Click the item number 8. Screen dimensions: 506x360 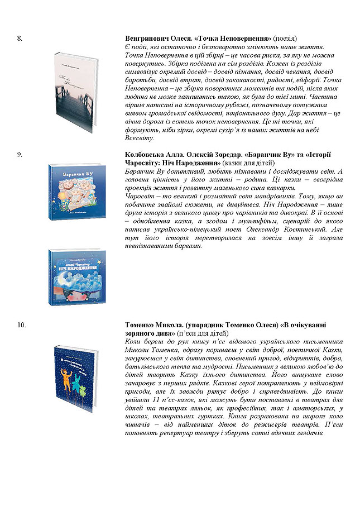[20, 37]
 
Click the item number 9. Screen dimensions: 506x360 [20, 154]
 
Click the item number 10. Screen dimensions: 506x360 [22, 324]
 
